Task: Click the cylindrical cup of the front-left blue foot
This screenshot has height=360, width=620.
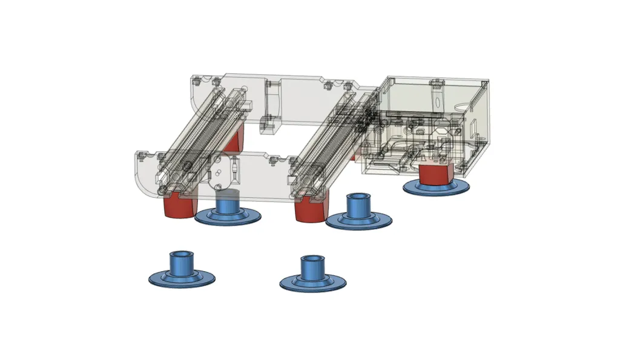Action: click(x=181, y=263)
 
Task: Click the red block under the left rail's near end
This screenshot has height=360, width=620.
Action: click(x=179, y=206)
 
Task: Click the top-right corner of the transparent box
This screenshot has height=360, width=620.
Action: click(x=489, y=82)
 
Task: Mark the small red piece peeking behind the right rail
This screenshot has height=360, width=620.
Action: click(x=353, y=157)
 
